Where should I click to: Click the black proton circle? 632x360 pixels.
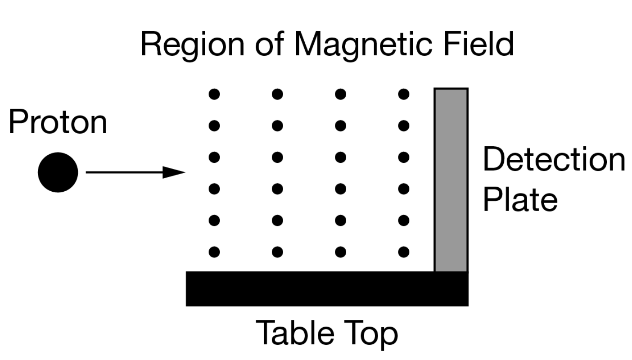click(x=58, y=172)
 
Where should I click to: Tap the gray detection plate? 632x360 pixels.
click(x=451, y=180)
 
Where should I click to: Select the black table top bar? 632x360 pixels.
click(x=327, y=289)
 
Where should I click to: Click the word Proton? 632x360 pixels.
click(x=58, y=122)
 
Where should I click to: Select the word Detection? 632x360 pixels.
click(x=554, y=159)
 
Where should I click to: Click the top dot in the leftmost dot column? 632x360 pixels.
click(x=214, y=94)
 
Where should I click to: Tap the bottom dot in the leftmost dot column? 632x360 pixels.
click(x=214, y=252)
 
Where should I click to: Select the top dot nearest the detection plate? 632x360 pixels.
click(x=404, y=94)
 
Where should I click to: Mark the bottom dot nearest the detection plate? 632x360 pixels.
click(x=404, y=252)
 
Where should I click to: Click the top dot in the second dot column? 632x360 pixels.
click(x=277, y=94)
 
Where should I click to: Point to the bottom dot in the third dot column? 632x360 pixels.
click(x=341, y=252)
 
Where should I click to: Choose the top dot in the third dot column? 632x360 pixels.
click(x=341, y=94)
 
